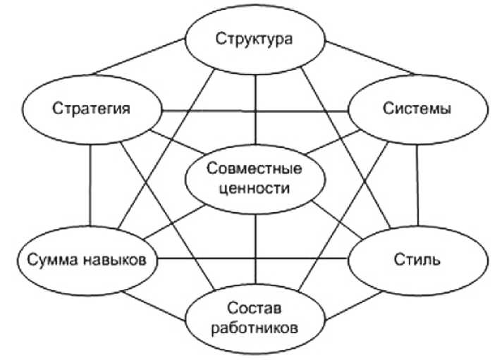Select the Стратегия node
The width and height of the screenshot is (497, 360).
point(92,109)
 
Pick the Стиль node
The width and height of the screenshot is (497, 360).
point(416,259)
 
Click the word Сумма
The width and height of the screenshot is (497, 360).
point(49,260)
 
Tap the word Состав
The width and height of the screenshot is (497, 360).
point(254,309)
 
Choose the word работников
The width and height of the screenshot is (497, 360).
point(254,328)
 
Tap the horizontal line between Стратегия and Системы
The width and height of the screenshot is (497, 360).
point(254,111)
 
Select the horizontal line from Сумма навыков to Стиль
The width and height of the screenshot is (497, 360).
point(254,259)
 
